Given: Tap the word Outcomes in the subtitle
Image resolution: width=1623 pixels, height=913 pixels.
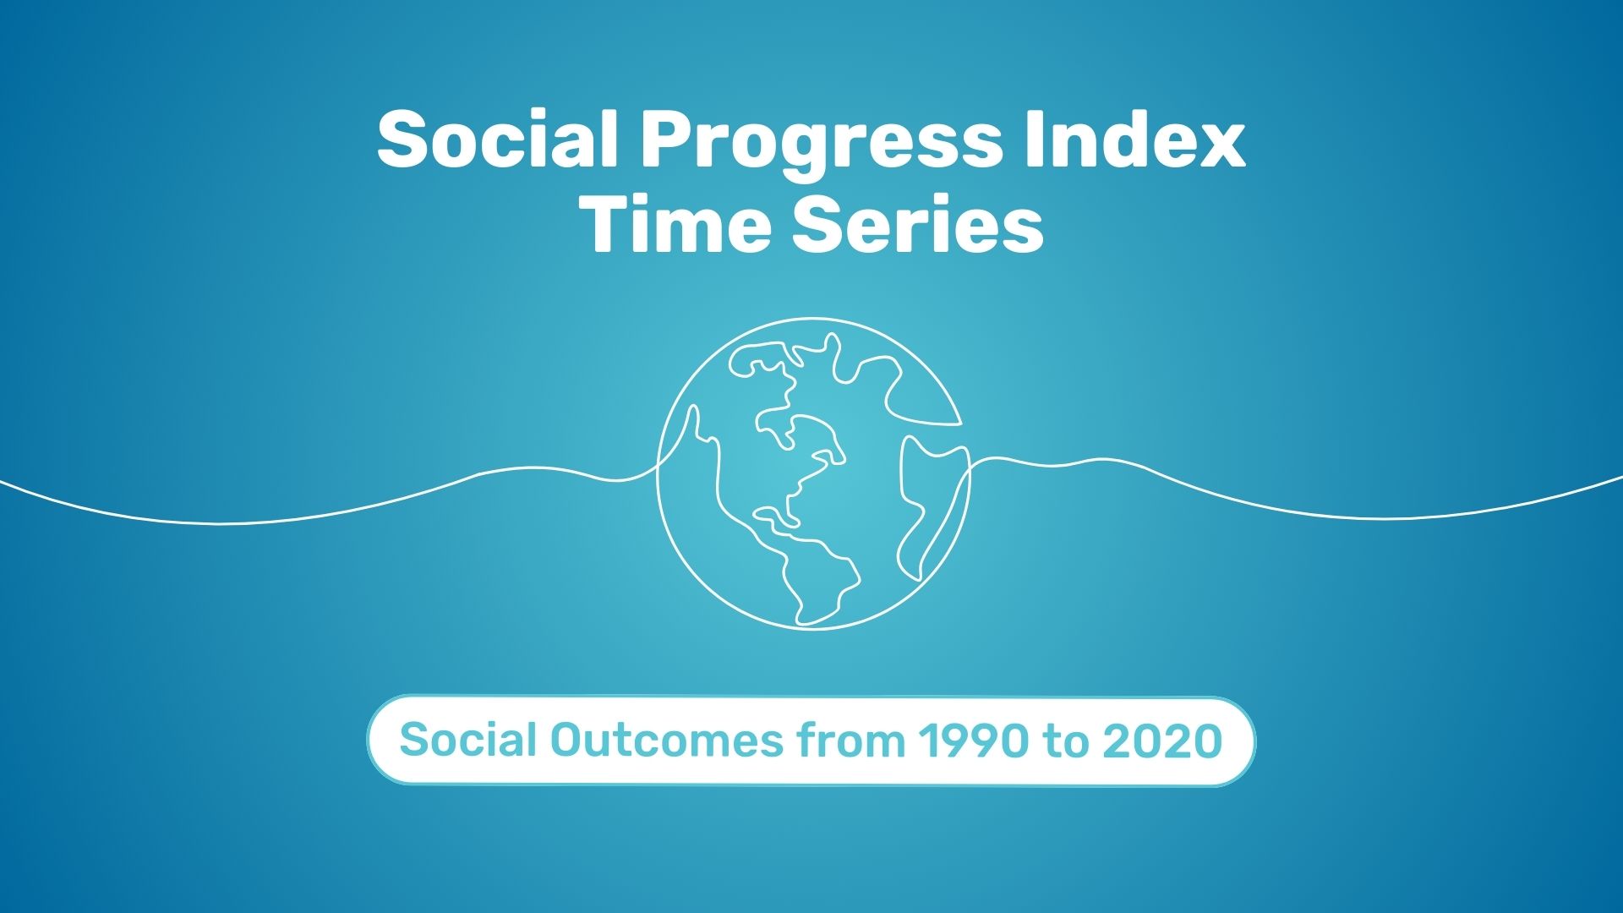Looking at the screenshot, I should (x=666, y=741).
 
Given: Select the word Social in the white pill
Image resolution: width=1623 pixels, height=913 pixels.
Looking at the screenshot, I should (x=468, y=741).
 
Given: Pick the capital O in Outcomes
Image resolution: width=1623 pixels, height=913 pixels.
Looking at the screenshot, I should (x=566, y=741).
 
